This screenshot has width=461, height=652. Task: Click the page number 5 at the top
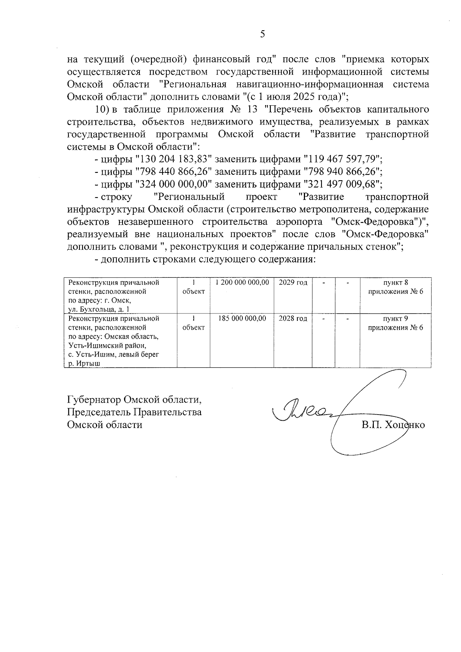point(262,34)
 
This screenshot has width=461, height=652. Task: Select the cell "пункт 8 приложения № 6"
point(395,287)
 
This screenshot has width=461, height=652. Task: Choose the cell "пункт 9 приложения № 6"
point(395,323)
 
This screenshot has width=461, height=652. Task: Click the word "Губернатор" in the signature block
point(94,400)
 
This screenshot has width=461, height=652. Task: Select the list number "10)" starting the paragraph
point(103,109)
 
